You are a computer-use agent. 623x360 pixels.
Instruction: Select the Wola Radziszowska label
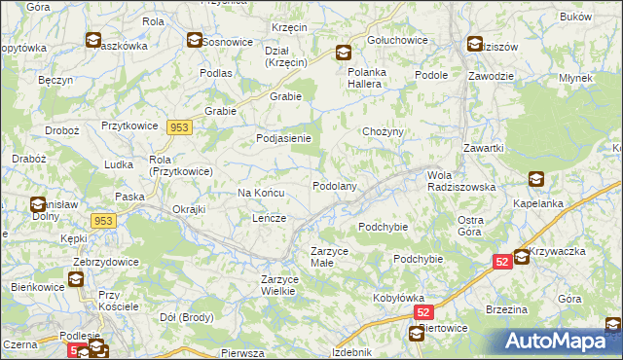pos(461,181)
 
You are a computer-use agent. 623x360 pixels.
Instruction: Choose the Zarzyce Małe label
pos(330,256)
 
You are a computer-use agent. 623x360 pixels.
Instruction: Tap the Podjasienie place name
pos(283,138)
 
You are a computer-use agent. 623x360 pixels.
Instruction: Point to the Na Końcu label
pos(261,194)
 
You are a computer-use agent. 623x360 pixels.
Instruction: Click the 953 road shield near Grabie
pos(178,127)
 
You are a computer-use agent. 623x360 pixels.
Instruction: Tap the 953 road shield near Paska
pos(104,222)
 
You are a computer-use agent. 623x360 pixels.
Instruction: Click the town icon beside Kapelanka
pos(536,179)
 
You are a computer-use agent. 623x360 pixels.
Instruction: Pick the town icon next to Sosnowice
pos(195,41)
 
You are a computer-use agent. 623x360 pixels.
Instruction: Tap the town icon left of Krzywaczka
pos(522,257)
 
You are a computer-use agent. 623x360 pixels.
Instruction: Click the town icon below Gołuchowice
pos(344,54)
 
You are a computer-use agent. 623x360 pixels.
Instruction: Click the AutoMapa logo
pos(558,342)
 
